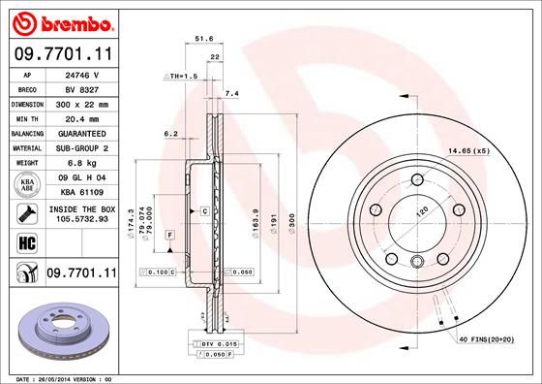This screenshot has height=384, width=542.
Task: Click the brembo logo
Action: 62,21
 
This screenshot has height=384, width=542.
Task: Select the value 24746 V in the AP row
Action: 81,74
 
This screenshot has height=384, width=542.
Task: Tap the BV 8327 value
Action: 81,87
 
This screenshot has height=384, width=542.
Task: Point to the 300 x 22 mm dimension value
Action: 81,103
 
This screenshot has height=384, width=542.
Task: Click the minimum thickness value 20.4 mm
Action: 81,117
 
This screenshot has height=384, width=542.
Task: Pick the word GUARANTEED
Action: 81,132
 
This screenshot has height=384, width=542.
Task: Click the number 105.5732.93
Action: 81,219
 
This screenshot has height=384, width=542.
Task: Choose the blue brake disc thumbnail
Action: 58,331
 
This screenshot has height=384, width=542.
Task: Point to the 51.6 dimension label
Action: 204,39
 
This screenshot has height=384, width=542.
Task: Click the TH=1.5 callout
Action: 181,75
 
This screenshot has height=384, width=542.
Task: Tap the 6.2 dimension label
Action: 171,133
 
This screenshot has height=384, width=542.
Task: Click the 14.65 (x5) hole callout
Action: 468,152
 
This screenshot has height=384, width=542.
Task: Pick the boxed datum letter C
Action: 206,210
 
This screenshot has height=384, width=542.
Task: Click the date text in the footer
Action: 60,377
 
